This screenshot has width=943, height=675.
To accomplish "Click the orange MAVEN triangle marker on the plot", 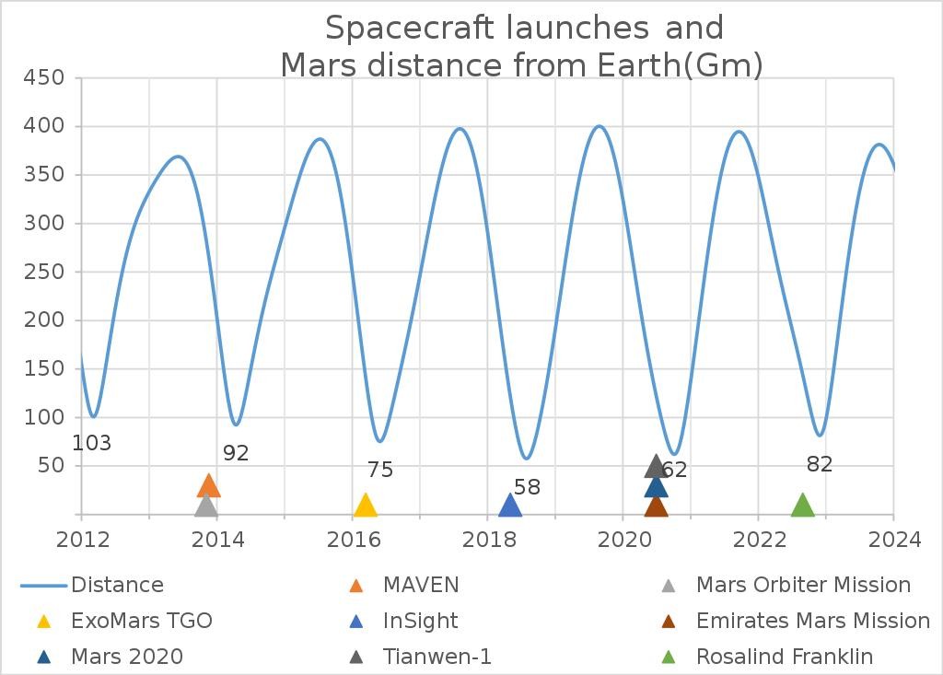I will click(x=209, y=486).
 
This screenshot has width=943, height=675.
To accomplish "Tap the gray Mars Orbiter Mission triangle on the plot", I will click(x=206, y=505).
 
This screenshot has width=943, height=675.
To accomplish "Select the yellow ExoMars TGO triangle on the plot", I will click(x=366, y=505).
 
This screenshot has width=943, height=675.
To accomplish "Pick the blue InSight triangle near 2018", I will click(x=510, y=505).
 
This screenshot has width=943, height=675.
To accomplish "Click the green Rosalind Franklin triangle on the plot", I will click(x=803, y=505).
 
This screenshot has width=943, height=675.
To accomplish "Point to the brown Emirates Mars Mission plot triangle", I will click(x=656, y=506).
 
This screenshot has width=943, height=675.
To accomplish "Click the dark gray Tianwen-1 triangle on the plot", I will click(x=656, y=466).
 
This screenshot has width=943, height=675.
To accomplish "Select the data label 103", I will click(x=92, y=444).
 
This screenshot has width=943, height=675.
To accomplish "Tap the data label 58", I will click(x=528, y=487).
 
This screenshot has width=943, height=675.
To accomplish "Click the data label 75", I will click(x=380, y=471).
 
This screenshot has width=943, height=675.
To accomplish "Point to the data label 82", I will click(x=820, y=465).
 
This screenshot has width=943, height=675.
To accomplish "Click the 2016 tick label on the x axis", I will click(x=353, y=540).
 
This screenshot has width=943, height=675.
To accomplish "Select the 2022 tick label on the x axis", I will click(x=759, y=540).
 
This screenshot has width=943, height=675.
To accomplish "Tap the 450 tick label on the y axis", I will click(x=45, y=78).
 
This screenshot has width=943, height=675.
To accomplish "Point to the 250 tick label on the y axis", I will click(x=45, y=272).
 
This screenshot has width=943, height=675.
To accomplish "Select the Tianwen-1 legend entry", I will click(x=437, y=657).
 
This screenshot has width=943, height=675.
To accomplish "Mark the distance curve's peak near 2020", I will click(x=600, y=126).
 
